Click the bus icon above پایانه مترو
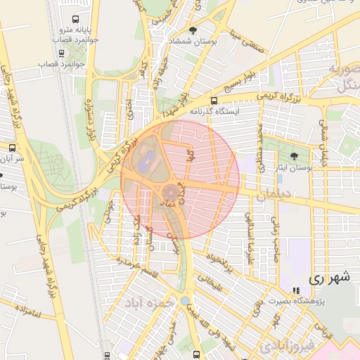point(75,20)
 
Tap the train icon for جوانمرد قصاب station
point(62,53)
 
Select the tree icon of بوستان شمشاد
point(193,30)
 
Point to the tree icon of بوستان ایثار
point(293,156)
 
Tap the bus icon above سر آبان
point(12,148)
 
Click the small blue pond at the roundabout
point(184,301)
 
